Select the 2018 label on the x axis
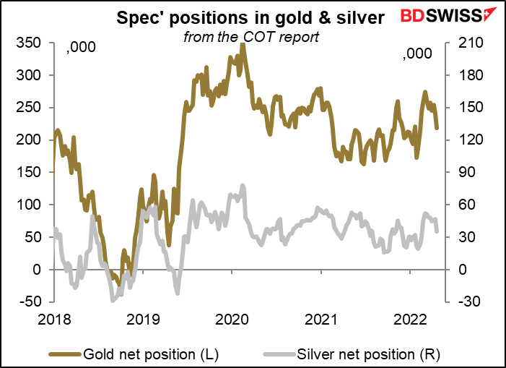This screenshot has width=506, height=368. pyautogui.click(x=54, y=319)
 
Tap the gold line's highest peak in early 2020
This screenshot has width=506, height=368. pyautogui.click(x=243, y=44)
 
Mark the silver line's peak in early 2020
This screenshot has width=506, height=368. pyautogui.click(x=243, y=186)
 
